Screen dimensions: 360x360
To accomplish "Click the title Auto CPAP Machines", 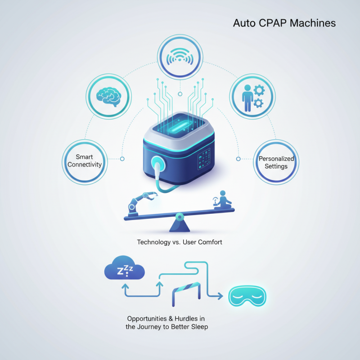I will pos(284,23).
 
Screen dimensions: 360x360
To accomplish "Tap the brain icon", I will pos(109,96).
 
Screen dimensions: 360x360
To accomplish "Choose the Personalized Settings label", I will pos(276,162).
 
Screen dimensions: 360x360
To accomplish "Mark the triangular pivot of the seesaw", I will pos(179,222).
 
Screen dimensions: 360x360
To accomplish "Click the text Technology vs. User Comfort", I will pos(180,242).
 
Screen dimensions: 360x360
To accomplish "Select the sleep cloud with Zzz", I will pos(125,270).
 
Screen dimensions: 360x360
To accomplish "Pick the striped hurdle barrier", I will pos(185,291).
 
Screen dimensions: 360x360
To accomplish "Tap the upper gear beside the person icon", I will pos(258,90).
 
